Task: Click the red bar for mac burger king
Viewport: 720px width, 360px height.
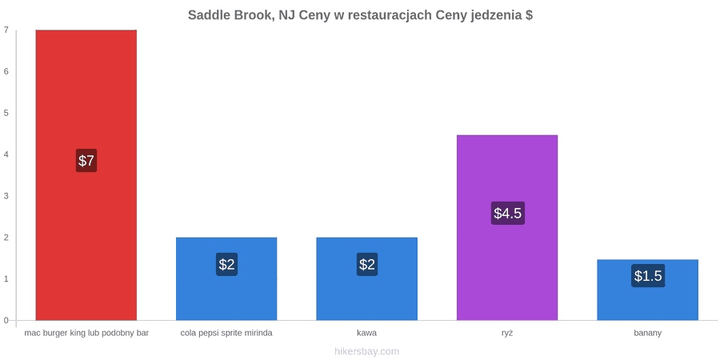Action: click(86, 175)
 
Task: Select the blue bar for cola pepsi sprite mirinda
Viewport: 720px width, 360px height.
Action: click(226, 278)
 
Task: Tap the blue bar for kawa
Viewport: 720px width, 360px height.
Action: click(367, 278)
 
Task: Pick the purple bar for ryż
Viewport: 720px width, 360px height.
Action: click(507, 227)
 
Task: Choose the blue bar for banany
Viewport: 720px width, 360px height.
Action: click(647, 290)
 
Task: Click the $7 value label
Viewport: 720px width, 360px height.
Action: click(86, 161)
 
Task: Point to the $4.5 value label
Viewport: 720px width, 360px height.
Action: click(508, 213)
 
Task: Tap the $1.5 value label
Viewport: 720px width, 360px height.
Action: click(648, 276)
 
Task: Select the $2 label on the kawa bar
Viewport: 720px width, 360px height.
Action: click(367, 265)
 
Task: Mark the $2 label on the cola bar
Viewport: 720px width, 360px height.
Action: click(227, 265)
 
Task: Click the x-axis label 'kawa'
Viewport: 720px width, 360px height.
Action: click(367, 333)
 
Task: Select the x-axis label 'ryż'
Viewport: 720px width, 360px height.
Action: click(507, 334)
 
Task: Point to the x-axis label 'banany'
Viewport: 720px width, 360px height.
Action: click(648, 334)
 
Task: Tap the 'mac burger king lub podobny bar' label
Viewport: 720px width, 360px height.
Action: click(86, 334)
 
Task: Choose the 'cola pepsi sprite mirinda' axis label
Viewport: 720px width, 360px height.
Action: click(226, 334)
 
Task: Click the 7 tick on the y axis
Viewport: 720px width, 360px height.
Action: click(6, 30)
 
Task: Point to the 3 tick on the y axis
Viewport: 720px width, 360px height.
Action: click(6, 196)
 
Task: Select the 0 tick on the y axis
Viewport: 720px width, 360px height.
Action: click(6, 321)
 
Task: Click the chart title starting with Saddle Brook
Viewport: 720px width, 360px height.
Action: click(361, 15)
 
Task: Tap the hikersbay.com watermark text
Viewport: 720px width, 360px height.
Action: click(367, 352)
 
